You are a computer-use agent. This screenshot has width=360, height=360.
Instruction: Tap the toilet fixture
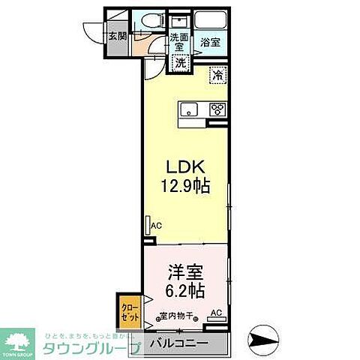[146, 22]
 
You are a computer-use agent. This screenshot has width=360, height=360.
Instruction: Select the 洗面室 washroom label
[178, 42]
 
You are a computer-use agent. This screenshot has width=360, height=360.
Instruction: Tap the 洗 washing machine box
[181, 64]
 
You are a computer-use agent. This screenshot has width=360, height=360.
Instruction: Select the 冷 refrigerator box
[217, 75]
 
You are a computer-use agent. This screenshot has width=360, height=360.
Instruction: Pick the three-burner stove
[217, 110]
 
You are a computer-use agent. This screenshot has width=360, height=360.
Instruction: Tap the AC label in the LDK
[157, 225]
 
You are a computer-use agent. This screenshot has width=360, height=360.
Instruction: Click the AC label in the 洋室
[216, 313]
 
